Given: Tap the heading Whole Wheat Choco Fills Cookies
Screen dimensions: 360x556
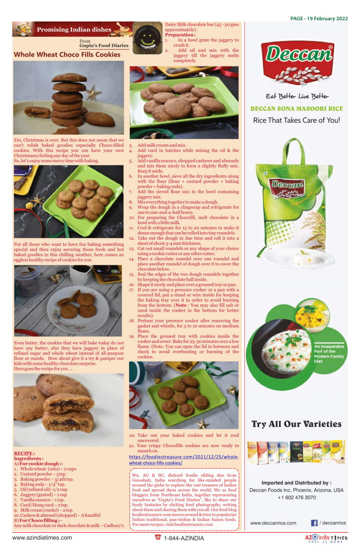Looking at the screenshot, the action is [67, 55].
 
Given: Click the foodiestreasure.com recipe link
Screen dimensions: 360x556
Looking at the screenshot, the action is [184, 460].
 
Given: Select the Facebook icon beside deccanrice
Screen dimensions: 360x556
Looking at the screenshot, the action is [314, 523].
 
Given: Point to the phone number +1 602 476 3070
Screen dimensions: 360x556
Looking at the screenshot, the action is [296, 498].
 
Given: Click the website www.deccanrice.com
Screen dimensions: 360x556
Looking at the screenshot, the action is [273, 523].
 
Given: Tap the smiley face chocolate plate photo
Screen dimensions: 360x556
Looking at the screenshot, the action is [147, 38].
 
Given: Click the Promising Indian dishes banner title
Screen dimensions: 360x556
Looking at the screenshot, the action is [74, 30].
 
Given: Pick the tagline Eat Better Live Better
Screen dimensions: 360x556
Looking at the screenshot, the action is [297, 96].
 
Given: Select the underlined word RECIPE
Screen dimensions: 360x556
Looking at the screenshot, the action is [23, 453].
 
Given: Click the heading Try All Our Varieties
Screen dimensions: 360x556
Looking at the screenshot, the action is [296, 424].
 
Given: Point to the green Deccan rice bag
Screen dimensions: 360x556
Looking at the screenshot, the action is [295, 199].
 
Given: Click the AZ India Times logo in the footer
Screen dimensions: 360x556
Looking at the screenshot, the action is [326, 539].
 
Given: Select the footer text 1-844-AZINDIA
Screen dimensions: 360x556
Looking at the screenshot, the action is [184, 538].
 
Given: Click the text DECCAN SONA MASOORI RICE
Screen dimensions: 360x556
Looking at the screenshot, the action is [297, 109].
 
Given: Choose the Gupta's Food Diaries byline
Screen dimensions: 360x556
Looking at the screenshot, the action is [104, 45].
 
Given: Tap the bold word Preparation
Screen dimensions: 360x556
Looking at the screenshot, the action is [180, 35].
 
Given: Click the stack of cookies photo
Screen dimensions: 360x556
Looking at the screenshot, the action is [69, 98].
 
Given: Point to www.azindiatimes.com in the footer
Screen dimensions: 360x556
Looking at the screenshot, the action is [42, 538].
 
